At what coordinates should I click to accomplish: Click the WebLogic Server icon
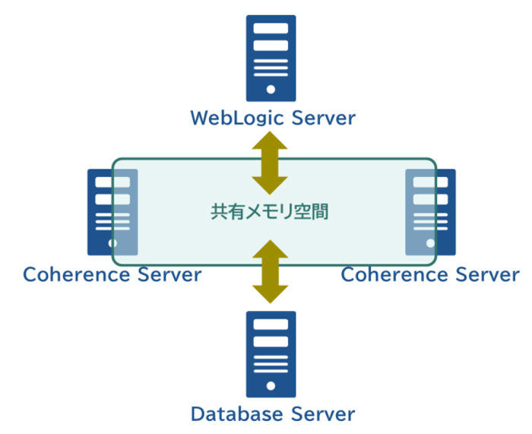[271, 58]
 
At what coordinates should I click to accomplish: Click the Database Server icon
[271, 354]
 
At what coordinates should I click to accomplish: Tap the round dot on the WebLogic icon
[271, 89]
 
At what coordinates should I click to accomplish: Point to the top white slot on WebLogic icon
[271, 28]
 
